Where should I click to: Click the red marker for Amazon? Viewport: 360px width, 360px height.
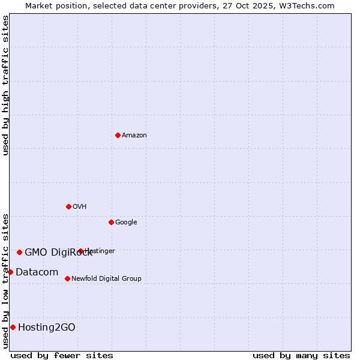tap(118, 135)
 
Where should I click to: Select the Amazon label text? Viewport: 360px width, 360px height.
tap(134, 136)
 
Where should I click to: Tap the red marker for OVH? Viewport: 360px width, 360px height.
tap(68, 206)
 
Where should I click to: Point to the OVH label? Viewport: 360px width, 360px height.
tap(80, 207)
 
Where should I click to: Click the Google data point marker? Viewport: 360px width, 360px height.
tap(111, 222)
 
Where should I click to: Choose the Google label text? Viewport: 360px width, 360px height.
tap(126, 223)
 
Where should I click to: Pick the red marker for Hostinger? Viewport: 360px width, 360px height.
tap(80, 251)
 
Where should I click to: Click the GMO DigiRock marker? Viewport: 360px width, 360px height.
tap(19, 252)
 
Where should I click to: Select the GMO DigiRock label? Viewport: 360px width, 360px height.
tap(58, 253)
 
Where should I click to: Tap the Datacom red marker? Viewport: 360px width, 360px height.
tap(10, 272)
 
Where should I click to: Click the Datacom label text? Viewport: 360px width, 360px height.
tap(37, 272)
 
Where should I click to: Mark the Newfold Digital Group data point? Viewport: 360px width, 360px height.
tap(67, 278)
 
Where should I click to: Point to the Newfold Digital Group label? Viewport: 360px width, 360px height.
tap(106, 279)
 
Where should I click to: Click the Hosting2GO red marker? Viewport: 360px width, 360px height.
tap(13, 327)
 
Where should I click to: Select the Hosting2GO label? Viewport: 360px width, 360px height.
tap(47, 328)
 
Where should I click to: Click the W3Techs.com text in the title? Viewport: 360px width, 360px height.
tap(310, 6)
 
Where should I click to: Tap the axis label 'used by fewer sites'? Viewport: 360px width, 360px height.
tap(62, 355)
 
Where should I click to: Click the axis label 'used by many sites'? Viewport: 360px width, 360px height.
tap(301, 355)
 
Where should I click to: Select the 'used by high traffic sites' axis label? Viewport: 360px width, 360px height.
tap(5, 85)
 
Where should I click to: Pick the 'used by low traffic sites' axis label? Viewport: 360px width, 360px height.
tap(5, 280)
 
